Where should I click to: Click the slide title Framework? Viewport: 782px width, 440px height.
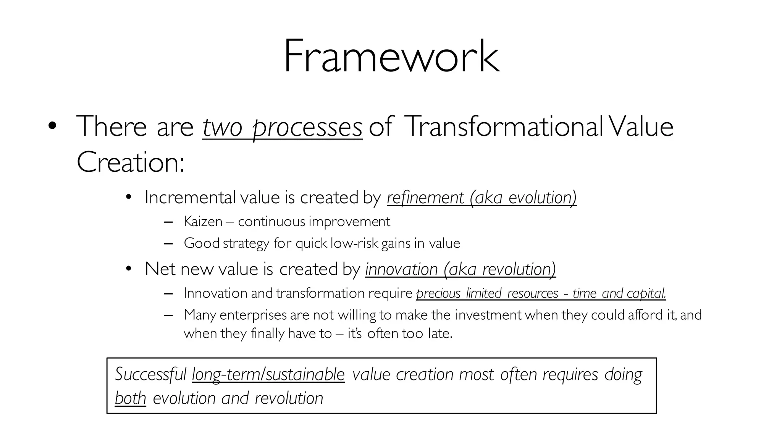(391, 57)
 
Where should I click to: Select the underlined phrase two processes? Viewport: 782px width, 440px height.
(282, 127)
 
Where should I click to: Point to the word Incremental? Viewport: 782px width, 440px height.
(190, 197)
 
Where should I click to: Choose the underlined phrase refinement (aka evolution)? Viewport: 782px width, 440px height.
(481, 197)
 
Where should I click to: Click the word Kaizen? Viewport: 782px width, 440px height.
(203, 222)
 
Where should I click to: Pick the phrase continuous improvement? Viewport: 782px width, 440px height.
(314, 222)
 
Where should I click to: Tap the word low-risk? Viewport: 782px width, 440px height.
(354, 243)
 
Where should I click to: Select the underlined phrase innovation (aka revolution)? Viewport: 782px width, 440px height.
(460, 269)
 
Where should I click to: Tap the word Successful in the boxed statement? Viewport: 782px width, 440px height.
(150, 374)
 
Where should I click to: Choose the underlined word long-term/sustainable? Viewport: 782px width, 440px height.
(268, 374)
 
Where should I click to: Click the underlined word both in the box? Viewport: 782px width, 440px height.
(130, 398)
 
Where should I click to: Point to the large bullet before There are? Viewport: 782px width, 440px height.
(52, 126)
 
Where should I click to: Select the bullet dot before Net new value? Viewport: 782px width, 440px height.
(128, 269)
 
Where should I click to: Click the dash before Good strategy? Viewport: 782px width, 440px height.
(168, 244)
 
